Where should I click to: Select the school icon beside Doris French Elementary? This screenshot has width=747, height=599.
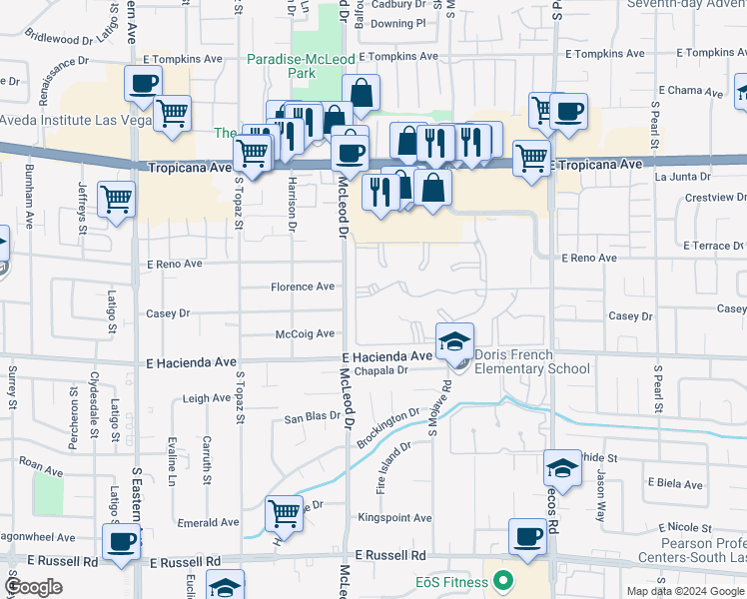(x=454, y=340)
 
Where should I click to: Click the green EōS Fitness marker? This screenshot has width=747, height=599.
(x=503, y=579)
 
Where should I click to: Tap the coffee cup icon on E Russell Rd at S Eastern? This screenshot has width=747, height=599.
(x=122, y=541)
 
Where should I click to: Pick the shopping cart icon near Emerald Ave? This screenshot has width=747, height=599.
(x=285, y=513)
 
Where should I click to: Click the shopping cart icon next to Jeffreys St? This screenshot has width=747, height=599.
(x=117, y=199)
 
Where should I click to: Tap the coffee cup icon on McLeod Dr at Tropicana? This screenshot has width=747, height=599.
(x=350, y=152)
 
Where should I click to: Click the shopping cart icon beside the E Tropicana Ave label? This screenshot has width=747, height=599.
(x=531, y=157)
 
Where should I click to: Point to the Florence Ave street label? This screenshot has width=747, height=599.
(x=303, y=287)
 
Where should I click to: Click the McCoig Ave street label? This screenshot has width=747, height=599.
(x=305, y=335)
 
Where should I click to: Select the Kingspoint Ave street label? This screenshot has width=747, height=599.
(x=394, y=518)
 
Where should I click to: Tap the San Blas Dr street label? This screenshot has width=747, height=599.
(x=314, y=418)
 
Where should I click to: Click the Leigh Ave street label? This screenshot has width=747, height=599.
(x=207, y=398)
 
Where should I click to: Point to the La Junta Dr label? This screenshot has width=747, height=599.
(x=681, y=177)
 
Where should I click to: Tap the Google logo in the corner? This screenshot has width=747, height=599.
(x=34, y=587)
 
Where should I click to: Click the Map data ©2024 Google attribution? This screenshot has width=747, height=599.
(x=684, y=591)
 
